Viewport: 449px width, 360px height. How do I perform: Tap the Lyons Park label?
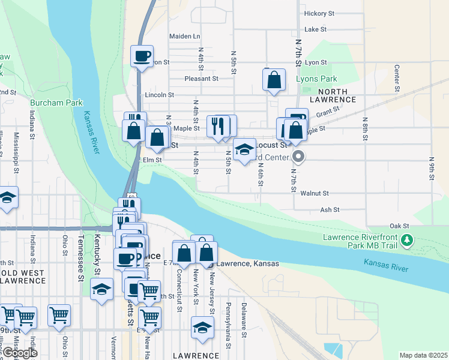[316, 79]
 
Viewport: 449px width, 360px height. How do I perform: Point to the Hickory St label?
[319, 13]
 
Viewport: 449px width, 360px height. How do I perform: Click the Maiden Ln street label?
[184, 36]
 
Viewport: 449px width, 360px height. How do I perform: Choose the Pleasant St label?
[201, 79]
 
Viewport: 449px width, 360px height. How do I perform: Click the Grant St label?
[328, 111]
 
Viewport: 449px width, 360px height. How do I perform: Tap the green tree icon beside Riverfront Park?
[408, 241]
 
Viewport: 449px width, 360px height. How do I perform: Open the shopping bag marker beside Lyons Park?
[274, 80]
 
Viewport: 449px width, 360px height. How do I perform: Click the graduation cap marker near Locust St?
[244, 150]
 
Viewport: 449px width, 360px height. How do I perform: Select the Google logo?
[19, 353]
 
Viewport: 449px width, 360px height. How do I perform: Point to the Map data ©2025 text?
[423, 355]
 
